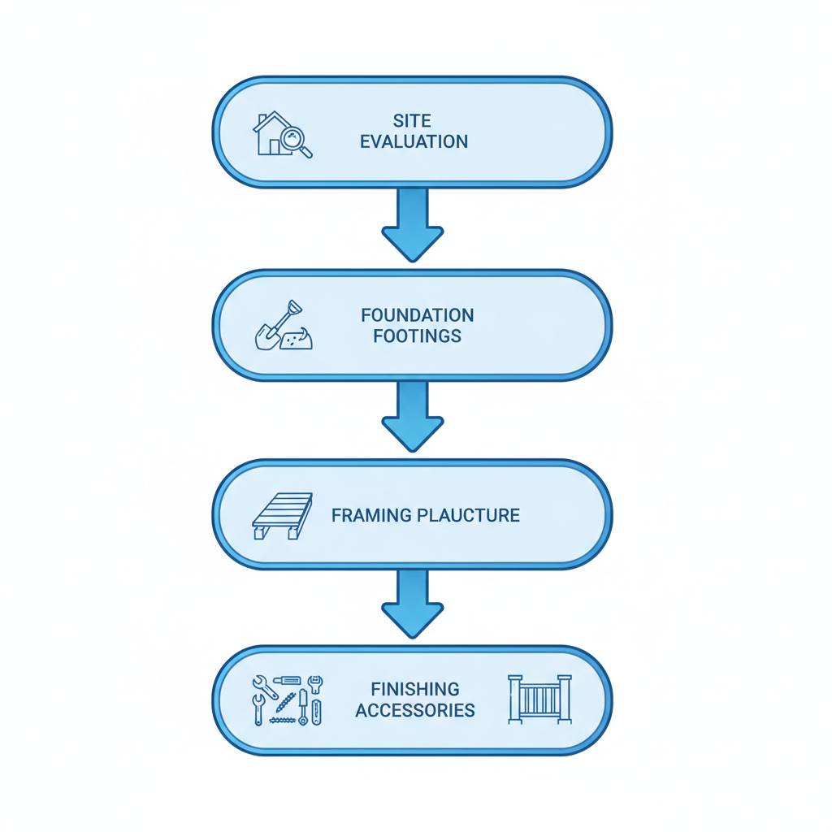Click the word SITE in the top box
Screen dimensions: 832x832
[x=413, y=121]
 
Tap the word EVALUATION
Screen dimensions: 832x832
[x=414, y=141]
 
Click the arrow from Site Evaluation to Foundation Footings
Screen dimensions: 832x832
[x=413, y=223]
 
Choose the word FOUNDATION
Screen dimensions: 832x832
[x=417, y=314]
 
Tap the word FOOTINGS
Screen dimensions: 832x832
[x=417, y=335]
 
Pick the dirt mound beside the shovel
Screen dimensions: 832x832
[x=296, y=340]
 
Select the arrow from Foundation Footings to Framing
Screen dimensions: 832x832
[x=413, y=414]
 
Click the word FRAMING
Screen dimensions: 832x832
[x=372, y=515]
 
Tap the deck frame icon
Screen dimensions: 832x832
[x=282, y=514]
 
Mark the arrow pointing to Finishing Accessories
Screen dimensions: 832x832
[x=413, y=602]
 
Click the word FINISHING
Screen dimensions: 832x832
[x=415, y=689]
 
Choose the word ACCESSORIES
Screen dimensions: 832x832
[x=415, y=709]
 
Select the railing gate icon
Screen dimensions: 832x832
[x=539, y=699]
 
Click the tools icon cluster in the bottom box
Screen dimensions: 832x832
[x=287, y=700]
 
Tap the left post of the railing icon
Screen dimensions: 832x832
[x=514, y=699]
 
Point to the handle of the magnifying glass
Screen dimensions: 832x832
[x=306, y=152]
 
